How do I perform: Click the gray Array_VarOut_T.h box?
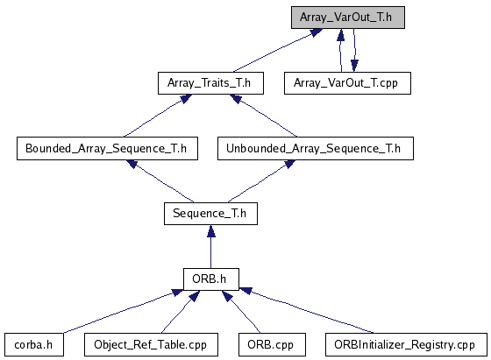click(348, 18)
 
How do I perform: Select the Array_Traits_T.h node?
click(210, 83)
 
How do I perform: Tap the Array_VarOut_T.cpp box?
click(347, 83)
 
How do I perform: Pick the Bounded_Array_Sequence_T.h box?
click(107, 148)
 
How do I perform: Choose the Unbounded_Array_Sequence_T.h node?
click(316, 148)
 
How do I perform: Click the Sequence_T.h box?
click(210, 214)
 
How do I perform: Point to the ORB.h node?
click(211, 279)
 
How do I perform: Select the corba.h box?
click(34, 345)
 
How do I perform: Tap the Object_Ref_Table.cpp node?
click(151, 345)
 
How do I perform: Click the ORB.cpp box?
click(272, 345)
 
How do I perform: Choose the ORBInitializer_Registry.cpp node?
click(406, 345)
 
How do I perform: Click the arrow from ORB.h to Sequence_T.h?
click(211, 246)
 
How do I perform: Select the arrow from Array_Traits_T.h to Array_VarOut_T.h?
click(277, 51)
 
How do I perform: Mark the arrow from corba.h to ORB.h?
click(124, 311)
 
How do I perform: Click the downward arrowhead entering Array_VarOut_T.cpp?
click(354, 66)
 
